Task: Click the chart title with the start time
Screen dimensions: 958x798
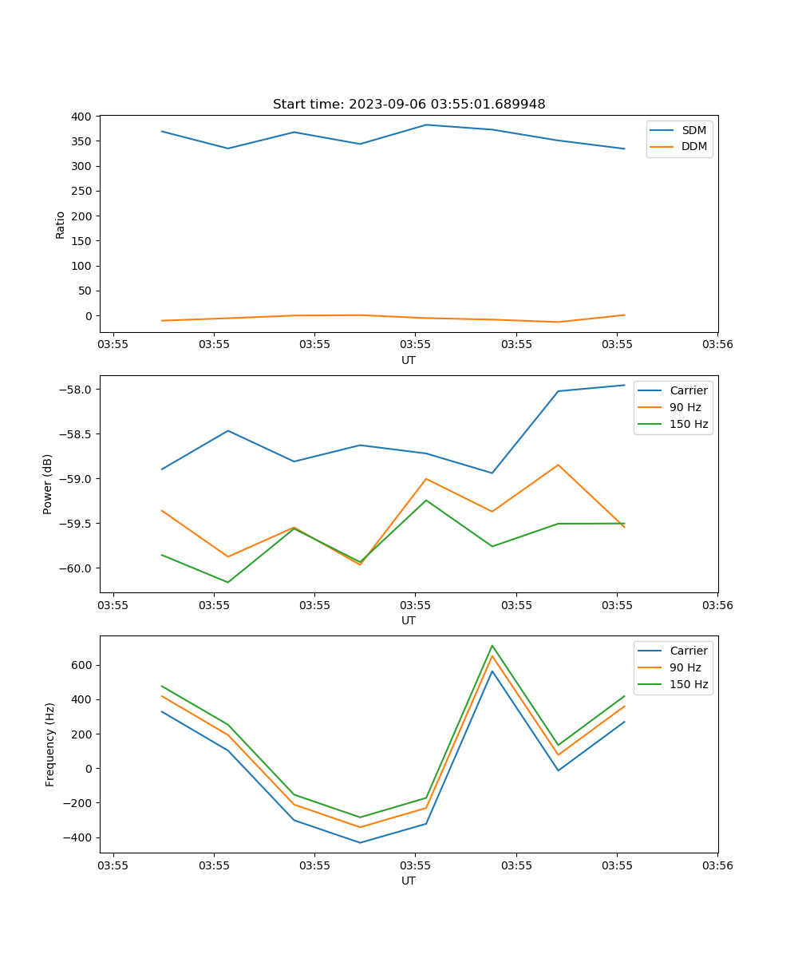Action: [x=409, y=105]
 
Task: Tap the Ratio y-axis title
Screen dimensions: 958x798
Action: [x=60, y=224]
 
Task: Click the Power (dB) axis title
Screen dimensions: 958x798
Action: [x=48, y=484]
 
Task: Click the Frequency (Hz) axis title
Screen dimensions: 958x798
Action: [x=50, y=744]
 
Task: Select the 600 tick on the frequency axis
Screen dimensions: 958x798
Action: [x=82, y=665]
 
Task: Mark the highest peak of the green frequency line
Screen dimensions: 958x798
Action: [x=492, y=646]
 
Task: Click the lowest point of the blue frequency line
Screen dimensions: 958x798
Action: [x=360, y=842]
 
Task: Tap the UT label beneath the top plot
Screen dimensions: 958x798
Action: [x=409, y=360]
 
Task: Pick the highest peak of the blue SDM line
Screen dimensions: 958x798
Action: [x=426, y=125]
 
